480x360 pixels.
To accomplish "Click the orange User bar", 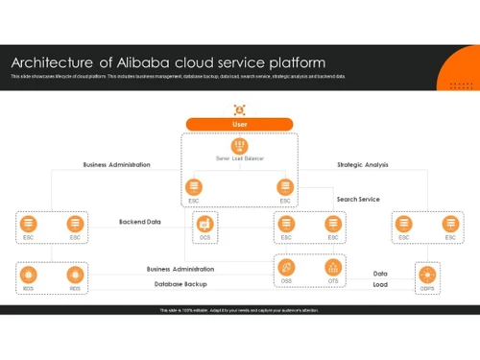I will tap(239, 124).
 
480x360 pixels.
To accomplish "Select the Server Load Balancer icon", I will tap(239, 145).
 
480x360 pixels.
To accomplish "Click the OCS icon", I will tap(204, 223).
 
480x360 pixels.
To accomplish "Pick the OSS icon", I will tap(287, 267).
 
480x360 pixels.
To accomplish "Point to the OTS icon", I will tap(333, 267).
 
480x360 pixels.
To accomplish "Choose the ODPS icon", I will tap(427, 274).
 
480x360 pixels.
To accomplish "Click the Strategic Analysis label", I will tap(363, 164).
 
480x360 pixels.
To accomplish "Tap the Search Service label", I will tap(357, 200).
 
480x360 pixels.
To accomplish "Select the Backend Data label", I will tap(139, 222).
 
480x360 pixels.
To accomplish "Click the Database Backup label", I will tap(180, 284).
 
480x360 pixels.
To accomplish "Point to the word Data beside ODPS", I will tap(380, 274).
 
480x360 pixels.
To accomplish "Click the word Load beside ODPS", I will tap(380, 284).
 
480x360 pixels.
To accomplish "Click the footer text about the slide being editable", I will tap(239, 310).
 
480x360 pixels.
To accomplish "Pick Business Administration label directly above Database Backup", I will tap(180, 269).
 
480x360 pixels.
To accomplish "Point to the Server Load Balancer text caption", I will tap(239, 158).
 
